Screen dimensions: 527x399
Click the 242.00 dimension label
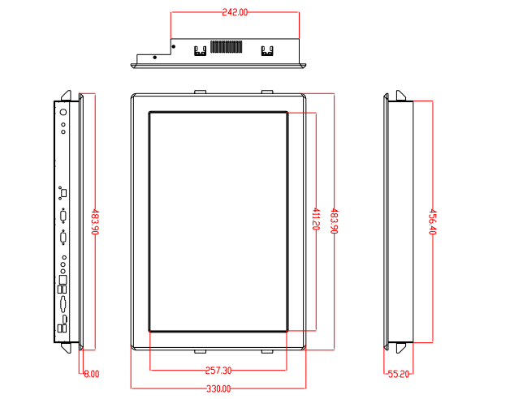(x=235, y=12)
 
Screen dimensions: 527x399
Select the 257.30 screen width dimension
(x=218, y=371)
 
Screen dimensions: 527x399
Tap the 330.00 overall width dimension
(x=218, y=389)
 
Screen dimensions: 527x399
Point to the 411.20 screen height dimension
(x=316, y=219)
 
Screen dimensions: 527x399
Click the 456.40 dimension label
(x=433, y=222)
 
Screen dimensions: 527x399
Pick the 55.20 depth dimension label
(x=399, y=374)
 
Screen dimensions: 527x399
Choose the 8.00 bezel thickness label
(x=92, y=374)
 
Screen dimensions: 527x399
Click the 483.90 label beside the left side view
(x=95, y=222)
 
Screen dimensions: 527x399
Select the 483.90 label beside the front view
(x=335, y=221)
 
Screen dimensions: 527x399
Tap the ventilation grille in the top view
(x=227, y=47)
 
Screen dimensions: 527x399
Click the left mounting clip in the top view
(x=200, y=51)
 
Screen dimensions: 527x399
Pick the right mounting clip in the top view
(x=267, y=51)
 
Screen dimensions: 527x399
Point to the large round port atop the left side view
(x=63, y=112)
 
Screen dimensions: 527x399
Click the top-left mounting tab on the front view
(x=201, y=92)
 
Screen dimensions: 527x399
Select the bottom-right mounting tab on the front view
(x=267, y=351)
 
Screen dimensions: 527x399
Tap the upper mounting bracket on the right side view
(x=401, y=96)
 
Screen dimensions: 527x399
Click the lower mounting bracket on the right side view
(x=401, y=348)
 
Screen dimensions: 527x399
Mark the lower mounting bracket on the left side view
(x=66, y=348)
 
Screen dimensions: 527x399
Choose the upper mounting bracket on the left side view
(x=66, y=96)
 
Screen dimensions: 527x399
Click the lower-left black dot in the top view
(x=154, y=58)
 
